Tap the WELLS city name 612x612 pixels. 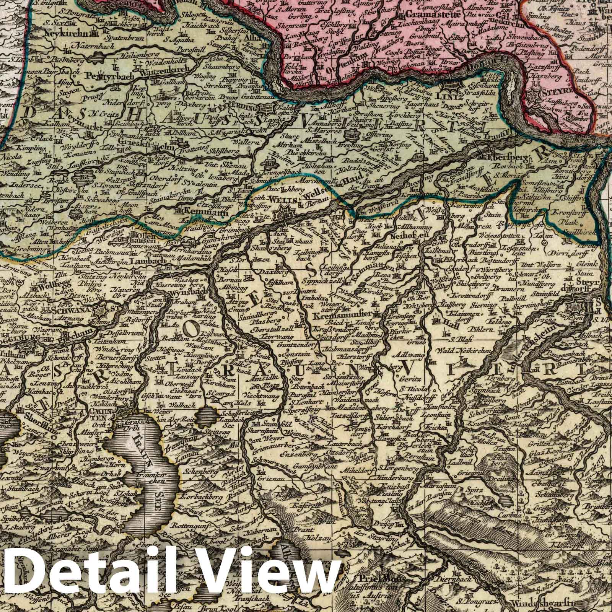280,199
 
